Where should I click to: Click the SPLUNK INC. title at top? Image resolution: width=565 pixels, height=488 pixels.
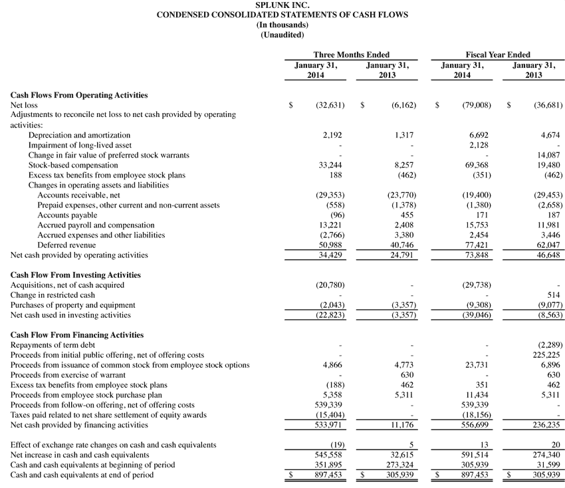282,5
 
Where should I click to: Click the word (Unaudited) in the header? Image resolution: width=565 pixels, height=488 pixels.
282,34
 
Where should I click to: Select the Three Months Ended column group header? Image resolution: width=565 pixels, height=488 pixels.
351,55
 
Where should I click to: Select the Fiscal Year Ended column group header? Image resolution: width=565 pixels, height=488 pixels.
498,55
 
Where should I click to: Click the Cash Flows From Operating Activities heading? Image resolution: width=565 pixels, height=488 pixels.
79,95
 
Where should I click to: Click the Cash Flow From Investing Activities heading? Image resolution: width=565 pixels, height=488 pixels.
75,275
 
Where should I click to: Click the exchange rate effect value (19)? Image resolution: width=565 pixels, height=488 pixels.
336,445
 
